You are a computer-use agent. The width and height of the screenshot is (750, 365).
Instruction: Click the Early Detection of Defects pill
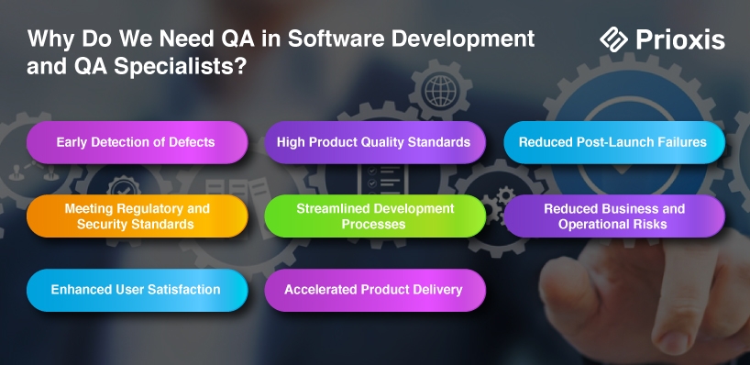click(138, 142)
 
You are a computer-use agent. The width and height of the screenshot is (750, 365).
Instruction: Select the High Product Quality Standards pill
click(375, 142)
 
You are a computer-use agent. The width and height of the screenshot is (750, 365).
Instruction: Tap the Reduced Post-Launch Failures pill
click(614, 142)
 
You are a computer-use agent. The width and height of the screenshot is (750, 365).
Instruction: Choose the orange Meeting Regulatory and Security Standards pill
click(138, 216)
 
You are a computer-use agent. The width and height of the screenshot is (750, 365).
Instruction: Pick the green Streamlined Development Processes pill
click(375, 216)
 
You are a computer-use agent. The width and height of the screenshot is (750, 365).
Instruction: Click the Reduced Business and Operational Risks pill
click(614, 216)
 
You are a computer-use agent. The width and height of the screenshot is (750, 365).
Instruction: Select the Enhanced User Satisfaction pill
click(138, 291)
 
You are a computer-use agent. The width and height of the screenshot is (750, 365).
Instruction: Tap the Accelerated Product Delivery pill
click(375, 291)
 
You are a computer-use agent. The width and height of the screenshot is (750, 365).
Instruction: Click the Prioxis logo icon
click(613, 39)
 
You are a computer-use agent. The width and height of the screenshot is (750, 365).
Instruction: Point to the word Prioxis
click(680, 39)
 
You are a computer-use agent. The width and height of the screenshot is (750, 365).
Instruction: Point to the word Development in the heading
click(463, 39)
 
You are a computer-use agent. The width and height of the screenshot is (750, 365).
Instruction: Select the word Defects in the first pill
click(193, 142)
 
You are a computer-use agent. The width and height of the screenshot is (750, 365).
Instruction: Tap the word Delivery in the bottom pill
click(439, 290)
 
